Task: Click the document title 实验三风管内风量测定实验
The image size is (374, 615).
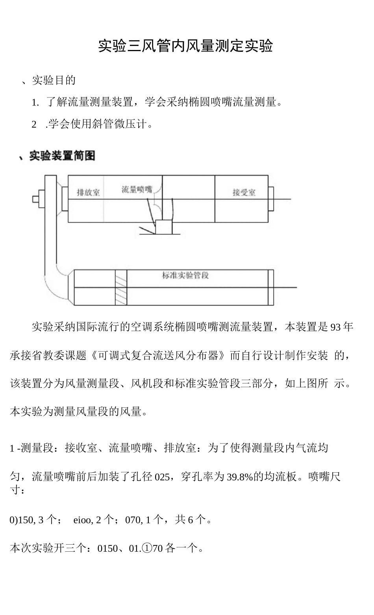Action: pyautogui.click(x=185, y=46)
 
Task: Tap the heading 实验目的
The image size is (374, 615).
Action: pyautogui.click(x=54, y=80)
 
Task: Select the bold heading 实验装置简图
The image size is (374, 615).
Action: pyautogui.click(x=62, y=156)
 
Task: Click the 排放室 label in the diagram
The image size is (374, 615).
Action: pyautogui.click(x=88, y=192)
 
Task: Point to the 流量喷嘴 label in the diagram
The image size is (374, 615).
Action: pyautogui.click(x=137, y=190)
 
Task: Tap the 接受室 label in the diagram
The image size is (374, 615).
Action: pyautogui.click(x=244, y=192)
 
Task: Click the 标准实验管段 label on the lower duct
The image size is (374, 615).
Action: pyautogui.click(x=185, y=275)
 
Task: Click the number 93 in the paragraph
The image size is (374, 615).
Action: pyautogui.click(x=335, y=327)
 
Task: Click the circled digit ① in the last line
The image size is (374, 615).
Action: pyautogui.click(x=146, y=548)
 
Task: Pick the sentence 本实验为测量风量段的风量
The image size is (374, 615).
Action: pyautogui.click(x=79, y=412)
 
